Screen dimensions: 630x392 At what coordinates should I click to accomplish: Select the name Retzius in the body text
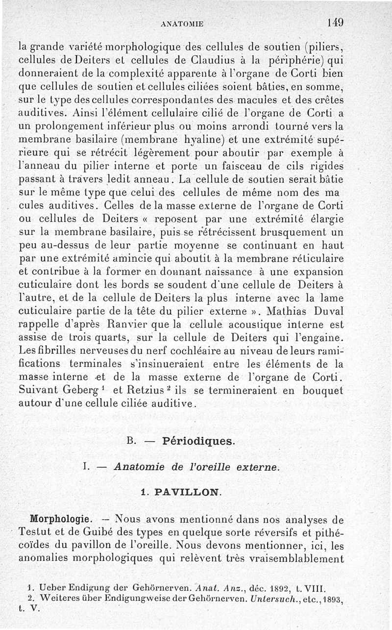[149, 390]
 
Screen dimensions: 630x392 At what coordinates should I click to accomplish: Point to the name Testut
[36, 532]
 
